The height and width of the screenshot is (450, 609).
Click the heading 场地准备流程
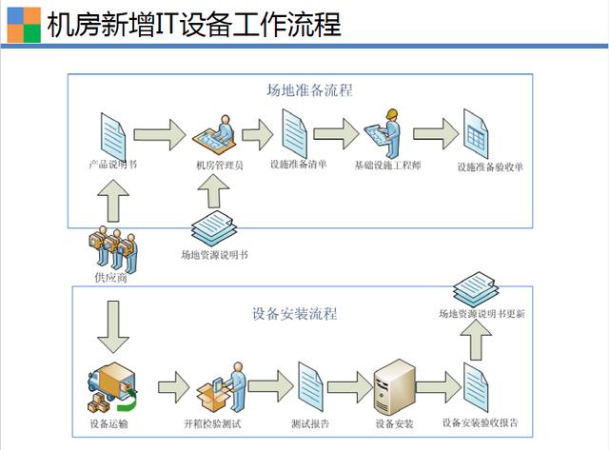(x=310, y=91)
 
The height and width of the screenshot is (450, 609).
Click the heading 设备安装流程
(x=295, y=313)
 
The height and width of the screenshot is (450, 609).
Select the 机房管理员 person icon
(x=218, y=134)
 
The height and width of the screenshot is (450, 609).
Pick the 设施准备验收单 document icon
(x=476, y=132)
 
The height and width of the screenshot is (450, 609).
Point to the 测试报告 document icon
(x=310, y=384)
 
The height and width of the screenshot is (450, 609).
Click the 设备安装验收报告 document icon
(x=479, y=386)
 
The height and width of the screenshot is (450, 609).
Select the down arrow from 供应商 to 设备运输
(x=112, y=322)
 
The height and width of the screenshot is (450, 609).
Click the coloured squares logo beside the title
(x=20, y=23)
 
